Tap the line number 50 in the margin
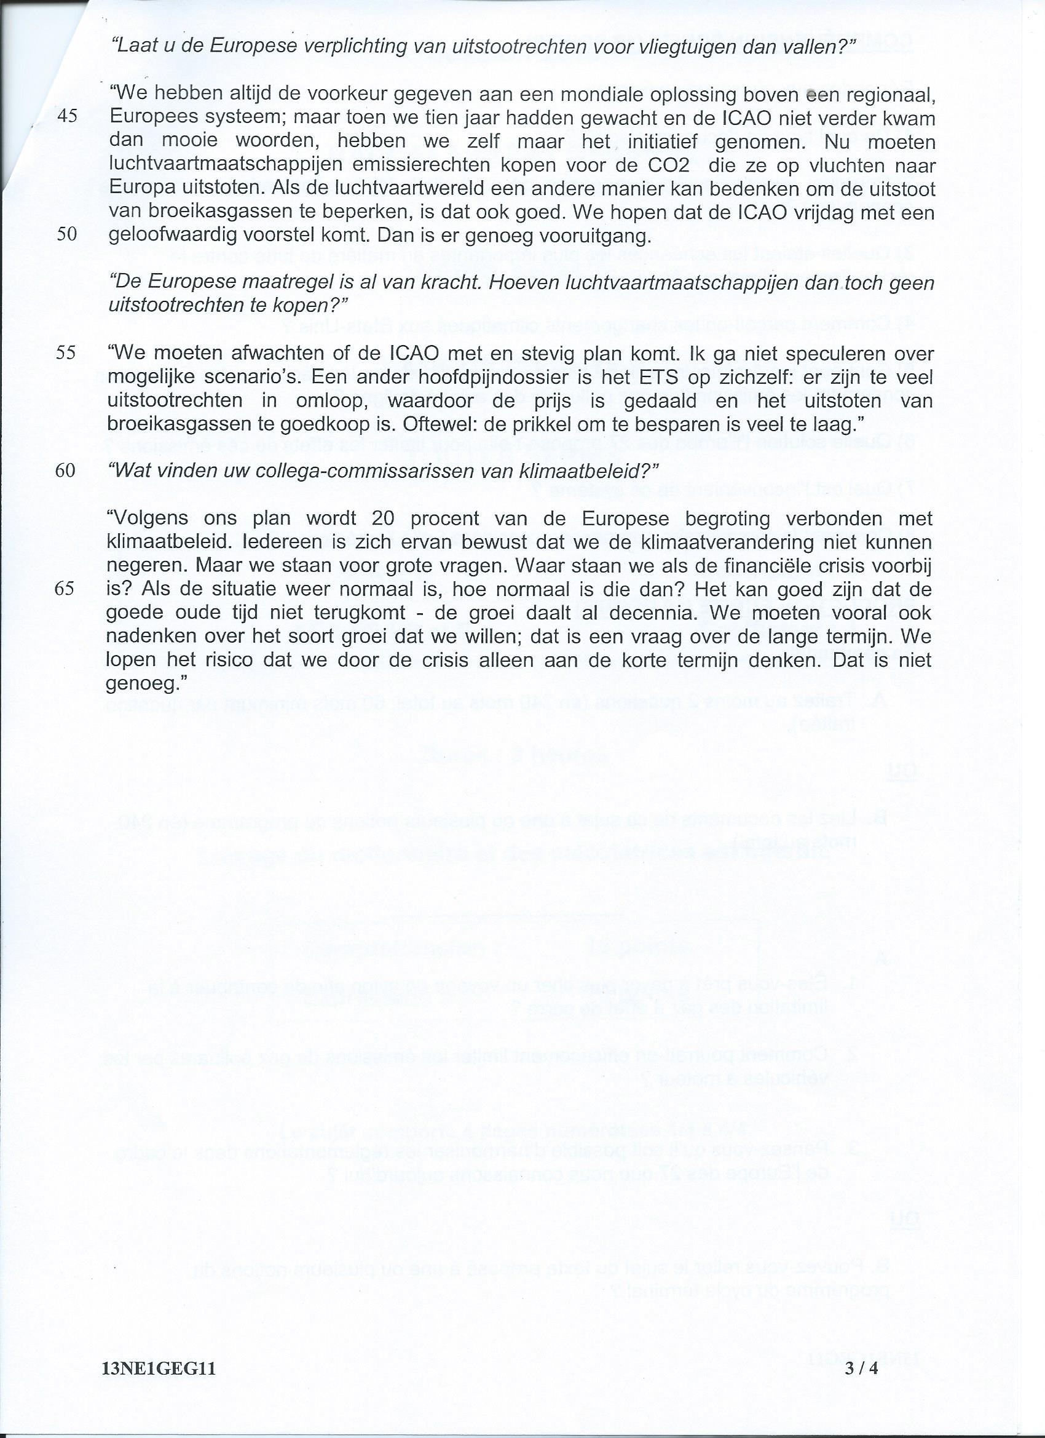pyautogui.click(x=66, y=234)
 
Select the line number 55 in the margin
pyautogui.click(x=66, y=352)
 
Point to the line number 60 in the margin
pyautogui.click(x=66, y=471)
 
